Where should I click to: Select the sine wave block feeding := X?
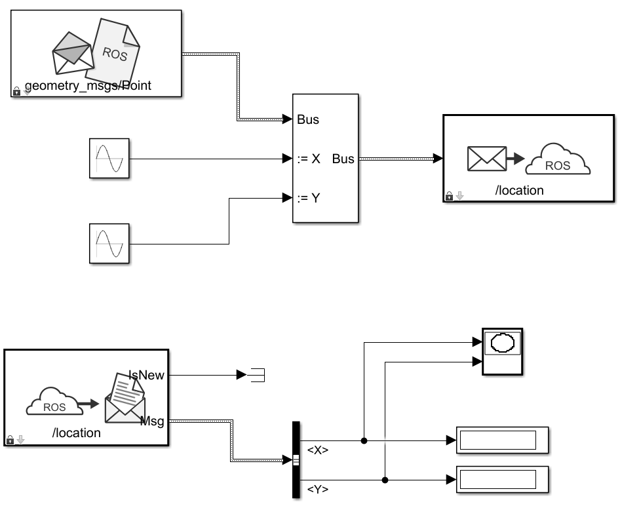click(109, 159)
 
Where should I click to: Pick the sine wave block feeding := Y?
click(109, 244)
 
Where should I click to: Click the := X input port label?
click(308, 159)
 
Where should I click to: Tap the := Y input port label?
click(308, 198)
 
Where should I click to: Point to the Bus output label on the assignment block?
click(343, 159)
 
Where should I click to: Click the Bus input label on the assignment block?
click(308, 120)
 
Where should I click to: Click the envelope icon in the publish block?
click(486, 159)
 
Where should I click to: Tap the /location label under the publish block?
click(519, 191)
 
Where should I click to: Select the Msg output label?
click(152, 421)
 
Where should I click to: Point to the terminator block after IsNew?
click(256, 375)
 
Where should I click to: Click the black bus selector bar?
click(296, 460)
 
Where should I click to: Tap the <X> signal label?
click(318, 450)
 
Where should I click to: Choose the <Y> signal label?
click(318, 489)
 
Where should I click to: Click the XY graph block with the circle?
click(503, 351)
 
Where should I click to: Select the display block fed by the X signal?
click(502, 440)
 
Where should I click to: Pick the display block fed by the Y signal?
click(502, 480)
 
